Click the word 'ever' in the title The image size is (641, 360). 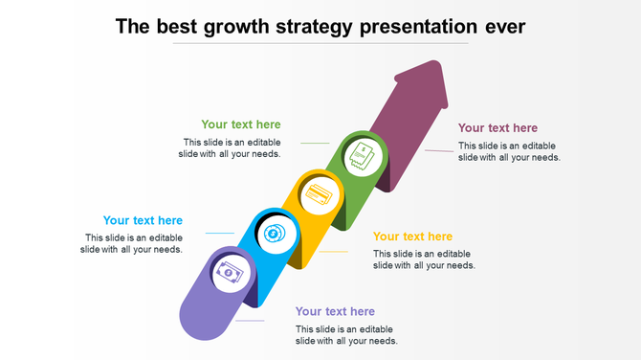pos(504,26)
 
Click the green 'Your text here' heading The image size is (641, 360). pos(241,124)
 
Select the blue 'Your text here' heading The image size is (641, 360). pos(143,221)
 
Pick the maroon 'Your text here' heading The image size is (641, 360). pos(497,128)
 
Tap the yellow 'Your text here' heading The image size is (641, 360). pos(412,236)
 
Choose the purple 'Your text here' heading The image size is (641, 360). pos(335,311)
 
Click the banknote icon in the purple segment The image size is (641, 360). pos(230,274)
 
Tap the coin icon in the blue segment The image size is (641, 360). pos(274,233)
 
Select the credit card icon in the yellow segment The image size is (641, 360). pos(318,195)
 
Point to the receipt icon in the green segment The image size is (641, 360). pos(362,156)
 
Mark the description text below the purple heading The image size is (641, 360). pos(346,335)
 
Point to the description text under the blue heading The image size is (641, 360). pos(133,243)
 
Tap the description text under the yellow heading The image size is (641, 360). pos(424,259)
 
